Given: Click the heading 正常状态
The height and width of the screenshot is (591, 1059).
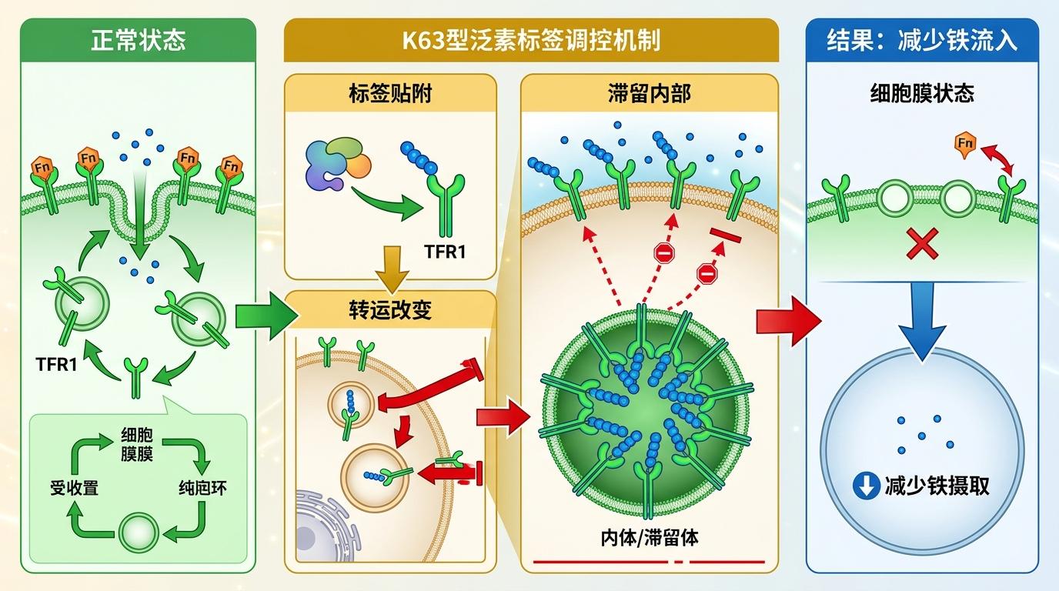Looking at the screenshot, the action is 138,40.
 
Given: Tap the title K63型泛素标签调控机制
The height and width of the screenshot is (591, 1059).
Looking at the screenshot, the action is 531,40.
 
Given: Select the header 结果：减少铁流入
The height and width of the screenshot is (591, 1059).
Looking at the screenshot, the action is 922,40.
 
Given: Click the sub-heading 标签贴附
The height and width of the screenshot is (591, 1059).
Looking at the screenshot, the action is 390,93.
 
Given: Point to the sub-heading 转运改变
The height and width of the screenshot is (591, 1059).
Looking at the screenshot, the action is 390,310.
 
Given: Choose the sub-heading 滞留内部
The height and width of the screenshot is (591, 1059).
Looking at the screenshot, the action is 649,93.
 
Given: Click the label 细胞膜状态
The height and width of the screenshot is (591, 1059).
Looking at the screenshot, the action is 922,93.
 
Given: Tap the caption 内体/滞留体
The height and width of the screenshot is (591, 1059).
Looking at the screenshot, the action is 649,538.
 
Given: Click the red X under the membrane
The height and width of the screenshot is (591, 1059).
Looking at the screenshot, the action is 922,243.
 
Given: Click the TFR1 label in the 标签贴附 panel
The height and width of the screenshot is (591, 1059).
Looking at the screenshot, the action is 445,252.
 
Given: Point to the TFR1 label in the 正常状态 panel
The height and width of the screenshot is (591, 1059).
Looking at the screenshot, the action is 56,365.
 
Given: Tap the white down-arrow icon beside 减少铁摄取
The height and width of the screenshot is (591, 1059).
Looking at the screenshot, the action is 866,486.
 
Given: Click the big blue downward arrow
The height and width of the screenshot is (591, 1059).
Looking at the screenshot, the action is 922,322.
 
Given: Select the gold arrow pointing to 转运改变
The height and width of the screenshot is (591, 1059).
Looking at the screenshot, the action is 392,269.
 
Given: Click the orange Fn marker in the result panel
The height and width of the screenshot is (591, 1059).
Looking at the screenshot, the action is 965,144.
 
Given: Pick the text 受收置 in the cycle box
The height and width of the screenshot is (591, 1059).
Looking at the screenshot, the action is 74,488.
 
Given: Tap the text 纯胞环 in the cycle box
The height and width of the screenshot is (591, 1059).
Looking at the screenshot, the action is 203,488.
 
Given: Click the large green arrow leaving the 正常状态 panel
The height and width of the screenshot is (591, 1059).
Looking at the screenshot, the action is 267,316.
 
